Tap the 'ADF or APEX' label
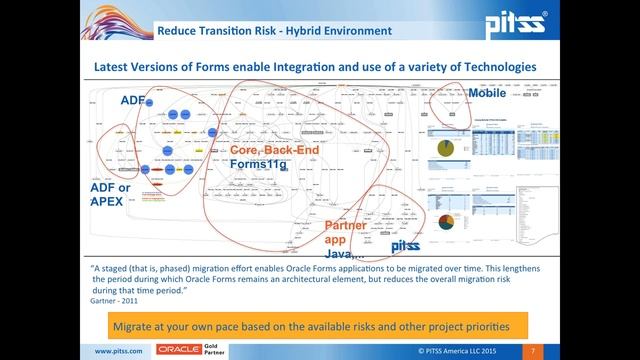[x=111, y=194]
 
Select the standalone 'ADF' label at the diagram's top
[x=133, y=101]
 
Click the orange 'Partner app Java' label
[x=345, y=239]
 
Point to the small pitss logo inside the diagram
[x=405, y=246]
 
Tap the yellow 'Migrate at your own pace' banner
[x=319, y=326]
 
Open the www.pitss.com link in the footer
[x=118, y=352]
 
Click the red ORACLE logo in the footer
[x=178, y=352]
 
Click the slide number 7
[x=534, y=352]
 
